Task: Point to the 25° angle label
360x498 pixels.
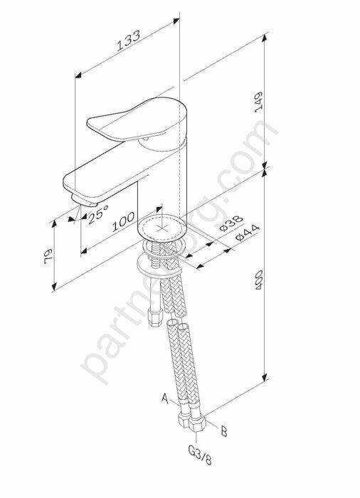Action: (97, 213)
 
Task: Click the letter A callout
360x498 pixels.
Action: (165, 400)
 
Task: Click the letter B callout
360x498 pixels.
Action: (223, 431)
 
